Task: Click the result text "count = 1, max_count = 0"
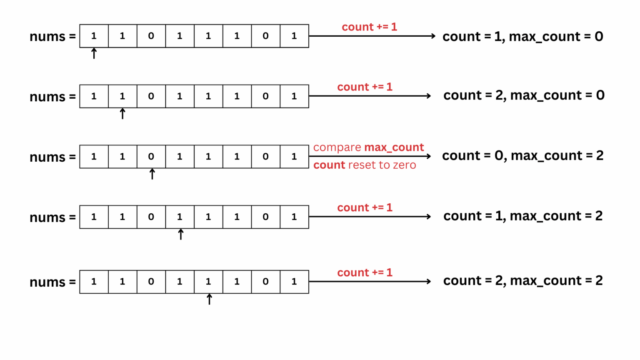tap(522, 37)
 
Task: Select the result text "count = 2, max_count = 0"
tap(524, 95)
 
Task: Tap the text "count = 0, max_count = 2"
tap(522, 156)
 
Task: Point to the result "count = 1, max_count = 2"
tap(523, 216)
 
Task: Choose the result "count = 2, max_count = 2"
tap(523, 281)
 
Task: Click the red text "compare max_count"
tap(368, 147)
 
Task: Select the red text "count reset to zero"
tap(365, 165)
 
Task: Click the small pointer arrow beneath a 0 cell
tap(152, 174)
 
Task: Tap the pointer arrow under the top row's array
tap(94, 53)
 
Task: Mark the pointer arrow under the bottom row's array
tap(209, 299)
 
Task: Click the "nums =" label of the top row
tap(52, 37)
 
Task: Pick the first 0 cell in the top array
tap(151, 36)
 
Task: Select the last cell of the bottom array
tap(294, 282)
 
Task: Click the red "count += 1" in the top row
tap(369, 27)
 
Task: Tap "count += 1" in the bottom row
tap(365, 272)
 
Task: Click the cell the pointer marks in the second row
tap(122, 96)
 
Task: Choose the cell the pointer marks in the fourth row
tap(180, 217)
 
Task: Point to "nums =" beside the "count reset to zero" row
tap(52, 157)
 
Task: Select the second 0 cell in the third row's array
tap(265, 157)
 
